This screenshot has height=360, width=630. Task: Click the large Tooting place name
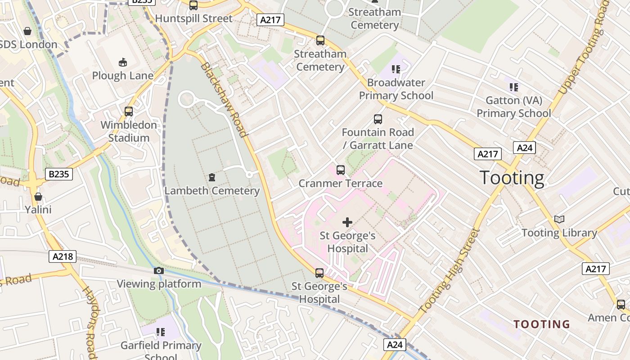[512, 178]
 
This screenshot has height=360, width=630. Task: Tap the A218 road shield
[63, 256]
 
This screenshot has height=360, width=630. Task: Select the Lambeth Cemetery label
[212, 191]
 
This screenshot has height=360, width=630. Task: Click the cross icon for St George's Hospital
[347, 222]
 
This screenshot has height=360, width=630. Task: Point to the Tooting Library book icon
[559, 219]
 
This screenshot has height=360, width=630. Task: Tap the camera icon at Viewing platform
[159, 270]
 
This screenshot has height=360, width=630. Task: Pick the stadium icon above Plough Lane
[122, 62]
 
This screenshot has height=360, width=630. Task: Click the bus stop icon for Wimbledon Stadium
[129, 111]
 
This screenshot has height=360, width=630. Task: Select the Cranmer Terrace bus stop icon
[341, 170]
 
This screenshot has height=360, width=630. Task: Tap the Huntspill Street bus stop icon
[193, 5]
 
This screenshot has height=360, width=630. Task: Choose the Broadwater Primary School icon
[396, 69]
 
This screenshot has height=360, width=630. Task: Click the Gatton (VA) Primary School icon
[514, 87]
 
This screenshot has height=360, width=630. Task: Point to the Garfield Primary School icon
[161, 332]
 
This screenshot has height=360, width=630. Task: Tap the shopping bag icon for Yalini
[38, 197]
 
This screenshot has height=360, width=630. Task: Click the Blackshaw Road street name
[224, 100]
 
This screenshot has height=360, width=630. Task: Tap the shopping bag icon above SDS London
[27, 31]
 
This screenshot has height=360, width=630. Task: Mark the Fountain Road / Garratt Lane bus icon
[378, 119]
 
